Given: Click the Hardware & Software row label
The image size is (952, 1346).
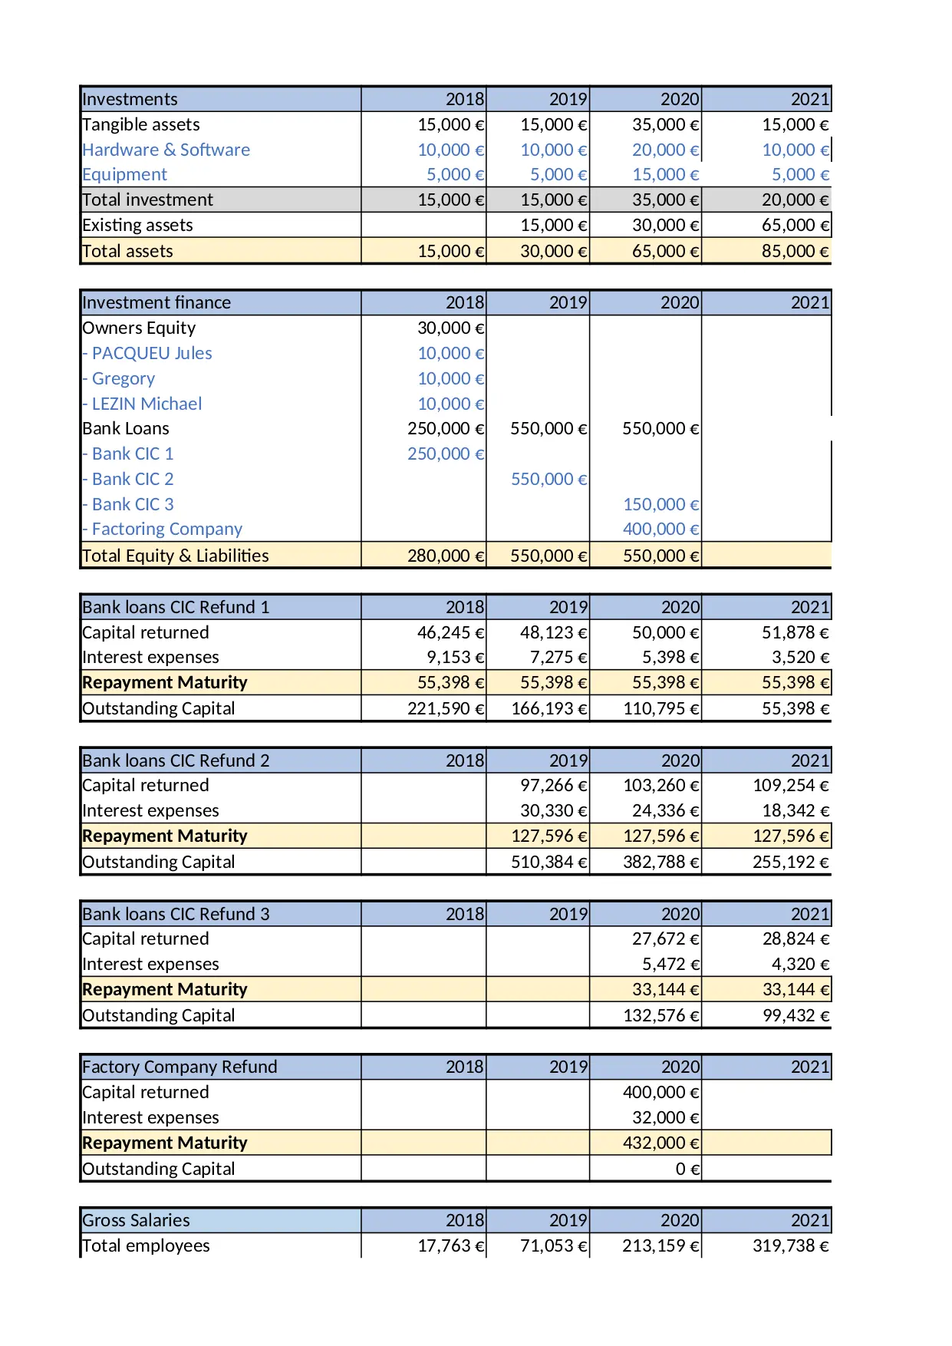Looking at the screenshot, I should tap(166, 150).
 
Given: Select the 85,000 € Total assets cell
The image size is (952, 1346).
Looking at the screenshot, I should tap(794, 251).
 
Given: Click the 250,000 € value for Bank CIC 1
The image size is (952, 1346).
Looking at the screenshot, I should tap(445, 454).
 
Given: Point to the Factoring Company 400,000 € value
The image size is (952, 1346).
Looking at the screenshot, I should tap(660, 529).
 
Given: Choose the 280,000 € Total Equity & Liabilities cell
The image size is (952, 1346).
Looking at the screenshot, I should tap(445, 556).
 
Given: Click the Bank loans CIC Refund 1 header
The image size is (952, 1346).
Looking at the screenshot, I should tap(176, 607).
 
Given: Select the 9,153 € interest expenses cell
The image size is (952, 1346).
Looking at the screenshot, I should tap(456, 657).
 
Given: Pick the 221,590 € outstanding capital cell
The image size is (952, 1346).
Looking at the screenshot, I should tap(445, 708).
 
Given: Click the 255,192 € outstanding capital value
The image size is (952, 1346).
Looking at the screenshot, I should tap(790, 862).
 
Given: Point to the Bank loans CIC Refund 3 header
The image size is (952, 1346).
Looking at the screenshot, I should tap(176, 914).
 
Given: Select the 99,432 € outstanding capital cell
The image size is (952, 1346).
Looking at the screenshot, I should tap(795, 1015).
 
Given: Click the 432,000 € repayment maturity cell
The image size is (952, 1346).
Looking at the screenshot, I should tap(660, 1143).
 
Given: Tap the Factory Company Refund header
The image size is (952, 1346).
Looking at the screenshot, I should tap(180, 1067).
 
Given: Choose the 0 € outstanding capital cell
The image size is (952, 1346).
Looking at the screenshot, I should tap(687, 1169).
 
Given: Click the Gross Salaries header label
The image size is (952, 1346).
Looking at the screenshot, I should tap(136, 1220).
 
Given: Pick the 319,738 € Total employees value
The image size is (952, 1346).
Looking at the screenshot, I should tap(790, 1245).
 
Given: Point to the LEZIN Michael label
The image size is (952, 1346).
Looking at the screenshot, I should tap(146, 404).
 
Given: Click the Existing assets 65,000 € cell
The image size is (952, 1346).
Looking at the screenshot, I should tap(795, 225).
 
